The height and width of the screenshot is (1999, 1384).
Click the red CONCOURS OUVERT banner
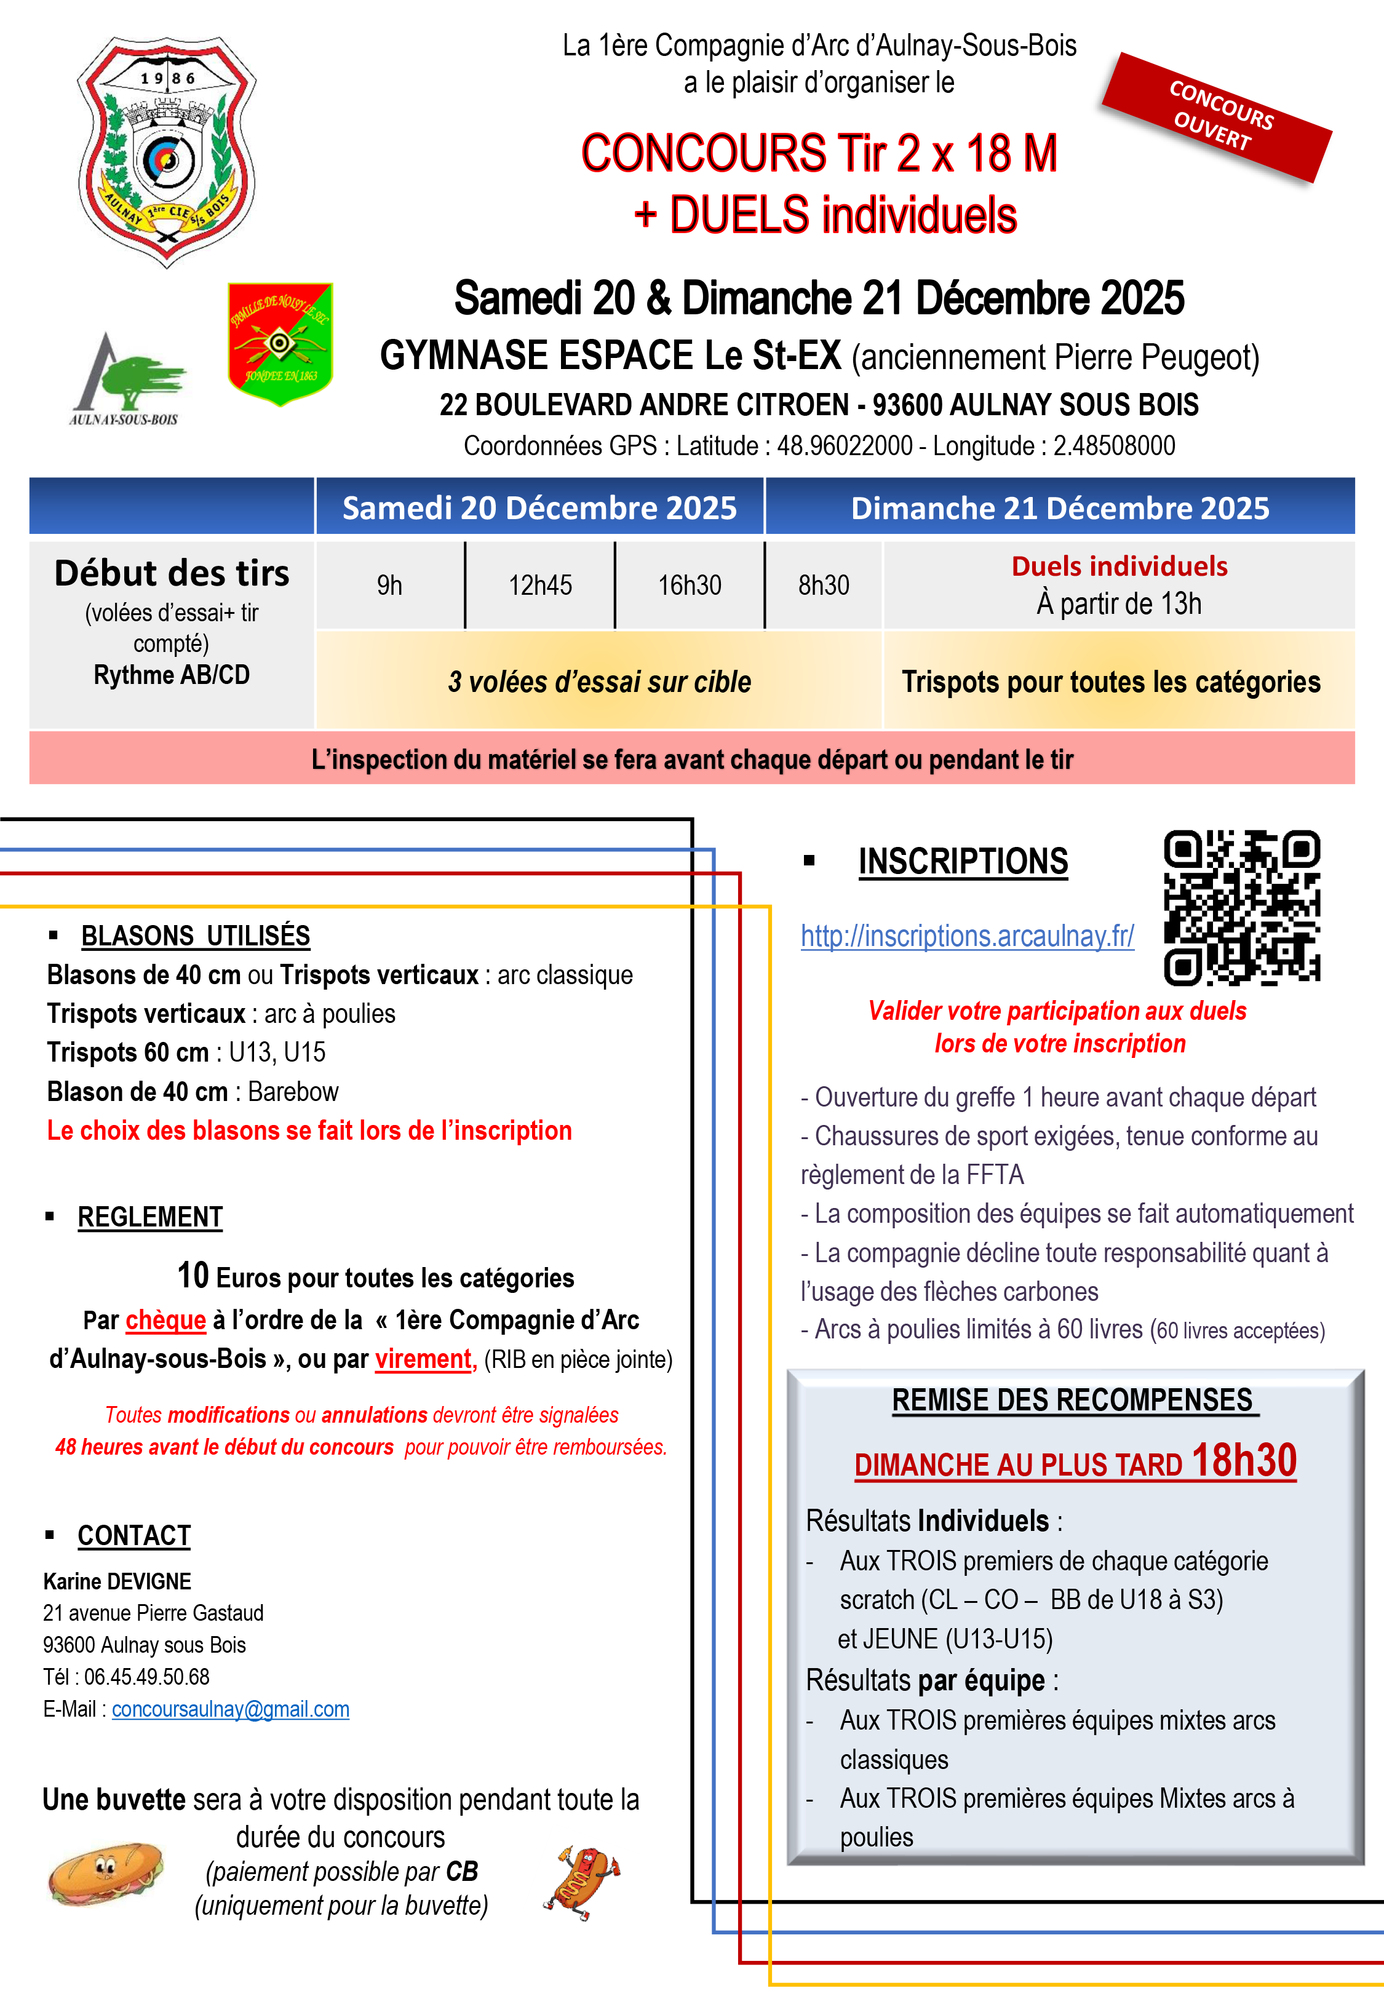pyautogui.click(x=1216, y=116)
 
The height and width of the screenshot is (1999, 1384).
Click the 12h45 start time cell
pyautogui.click(x=539, y=585)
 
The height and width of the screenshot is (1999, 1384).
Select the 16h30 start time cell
pyautogui.click(x=690, y=585)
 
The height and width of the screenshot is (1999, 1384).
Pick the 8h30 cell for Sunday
pyautogui.click(x=824, y=585)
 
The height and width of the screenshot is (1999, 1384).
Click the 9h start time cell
pyautogui.click(x=389, y=585)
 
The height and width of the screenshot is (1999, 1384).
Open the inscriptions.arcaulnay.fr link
pyautogui.click(x=967, y=936)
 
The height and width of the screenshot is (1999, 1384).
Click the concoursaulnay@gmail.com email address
pyautogui.click(x=231, y=1709)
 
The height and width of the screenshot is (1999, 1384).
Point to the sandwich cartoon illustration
pyautogui.click(x=105, y=1874)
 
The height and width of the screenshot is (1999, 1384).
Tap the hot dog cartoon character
pyautogui.click(x=583, y=1883)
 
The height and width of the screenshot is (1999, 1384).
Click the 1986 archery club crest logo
pyautogui.click(x=167, y=149)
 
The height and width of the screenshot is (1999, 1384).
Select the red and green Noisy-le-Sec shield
pyautogui.click(x=280, y=343)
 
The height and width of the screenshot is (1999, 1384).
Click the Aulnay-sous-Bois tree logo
pyautogui.click(x=127, y=380)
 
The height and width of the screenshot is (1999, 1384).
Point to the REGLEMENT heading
pyautogui.click(x=150, y=1217)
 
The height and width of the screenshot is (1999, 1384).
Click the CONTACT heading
pyautogui.click(x=135, y=1535)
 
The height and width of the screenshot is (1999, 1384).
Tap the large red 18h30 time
pyautogui.click(x=1244, y=1461)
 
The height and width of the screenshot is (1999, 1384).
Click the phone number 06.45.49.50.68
pyautogui.click(x=146, y=1677)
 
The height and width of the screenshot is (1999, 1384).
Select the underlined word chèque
pyautogui.click(x=165, y=1319)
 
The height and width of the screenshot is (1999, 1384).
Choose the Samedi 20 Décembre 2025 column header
pyautogui.click(x=539, y=507)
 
